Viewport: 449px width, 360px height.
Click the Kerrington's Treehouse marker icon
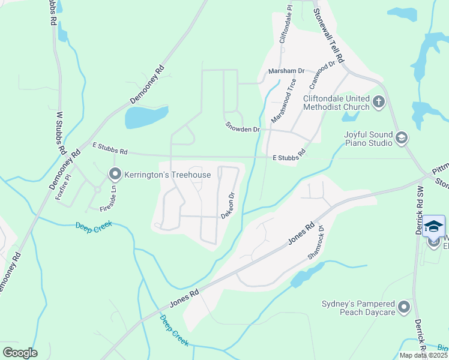click(115, 175)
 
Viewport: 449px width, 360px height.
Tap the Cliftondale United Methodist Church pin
click(378, 102)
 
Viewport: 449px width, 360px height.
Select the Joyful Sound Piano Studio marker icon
click(401, 139)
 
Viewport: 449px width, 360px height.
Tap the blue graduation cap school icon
click(434, 226)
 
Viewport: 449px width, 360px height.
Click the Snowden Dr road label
click(242, 128)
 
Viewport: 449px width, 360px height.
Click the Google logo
click(19, 352)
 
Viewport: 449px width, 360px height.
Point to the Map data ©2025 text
click(423, 355)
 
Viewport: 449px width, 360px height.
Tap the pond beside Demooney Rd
click(146, 117)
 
